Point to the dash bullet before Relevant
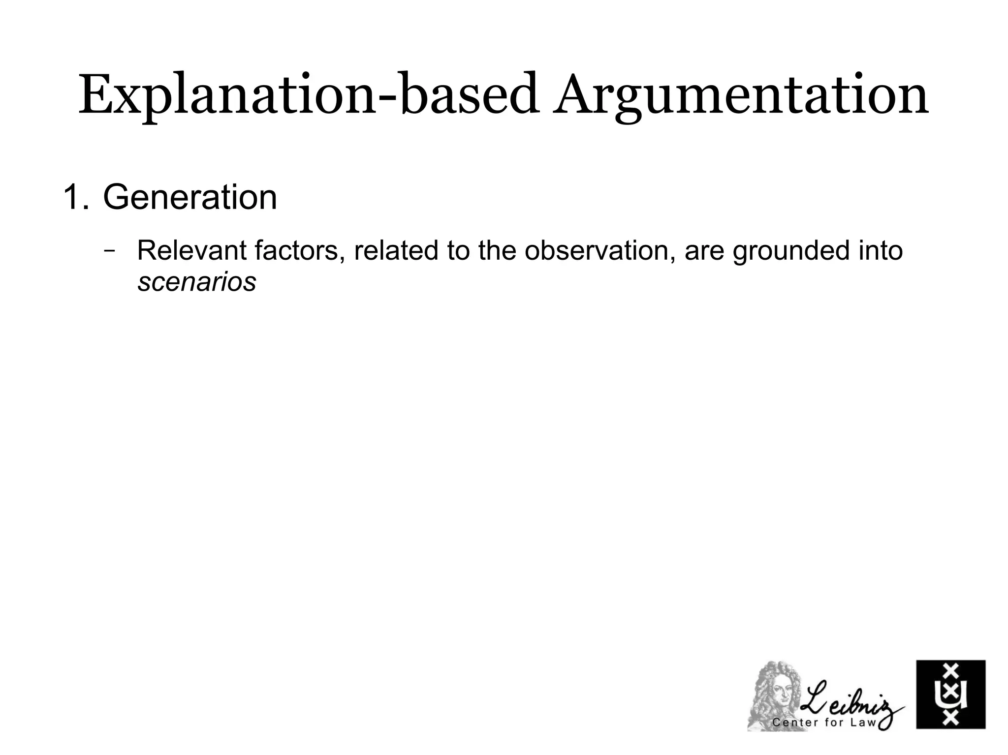pos(109,249)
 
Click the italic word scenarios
pos(197,282)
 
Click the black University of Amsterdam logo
pos(950,694)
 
